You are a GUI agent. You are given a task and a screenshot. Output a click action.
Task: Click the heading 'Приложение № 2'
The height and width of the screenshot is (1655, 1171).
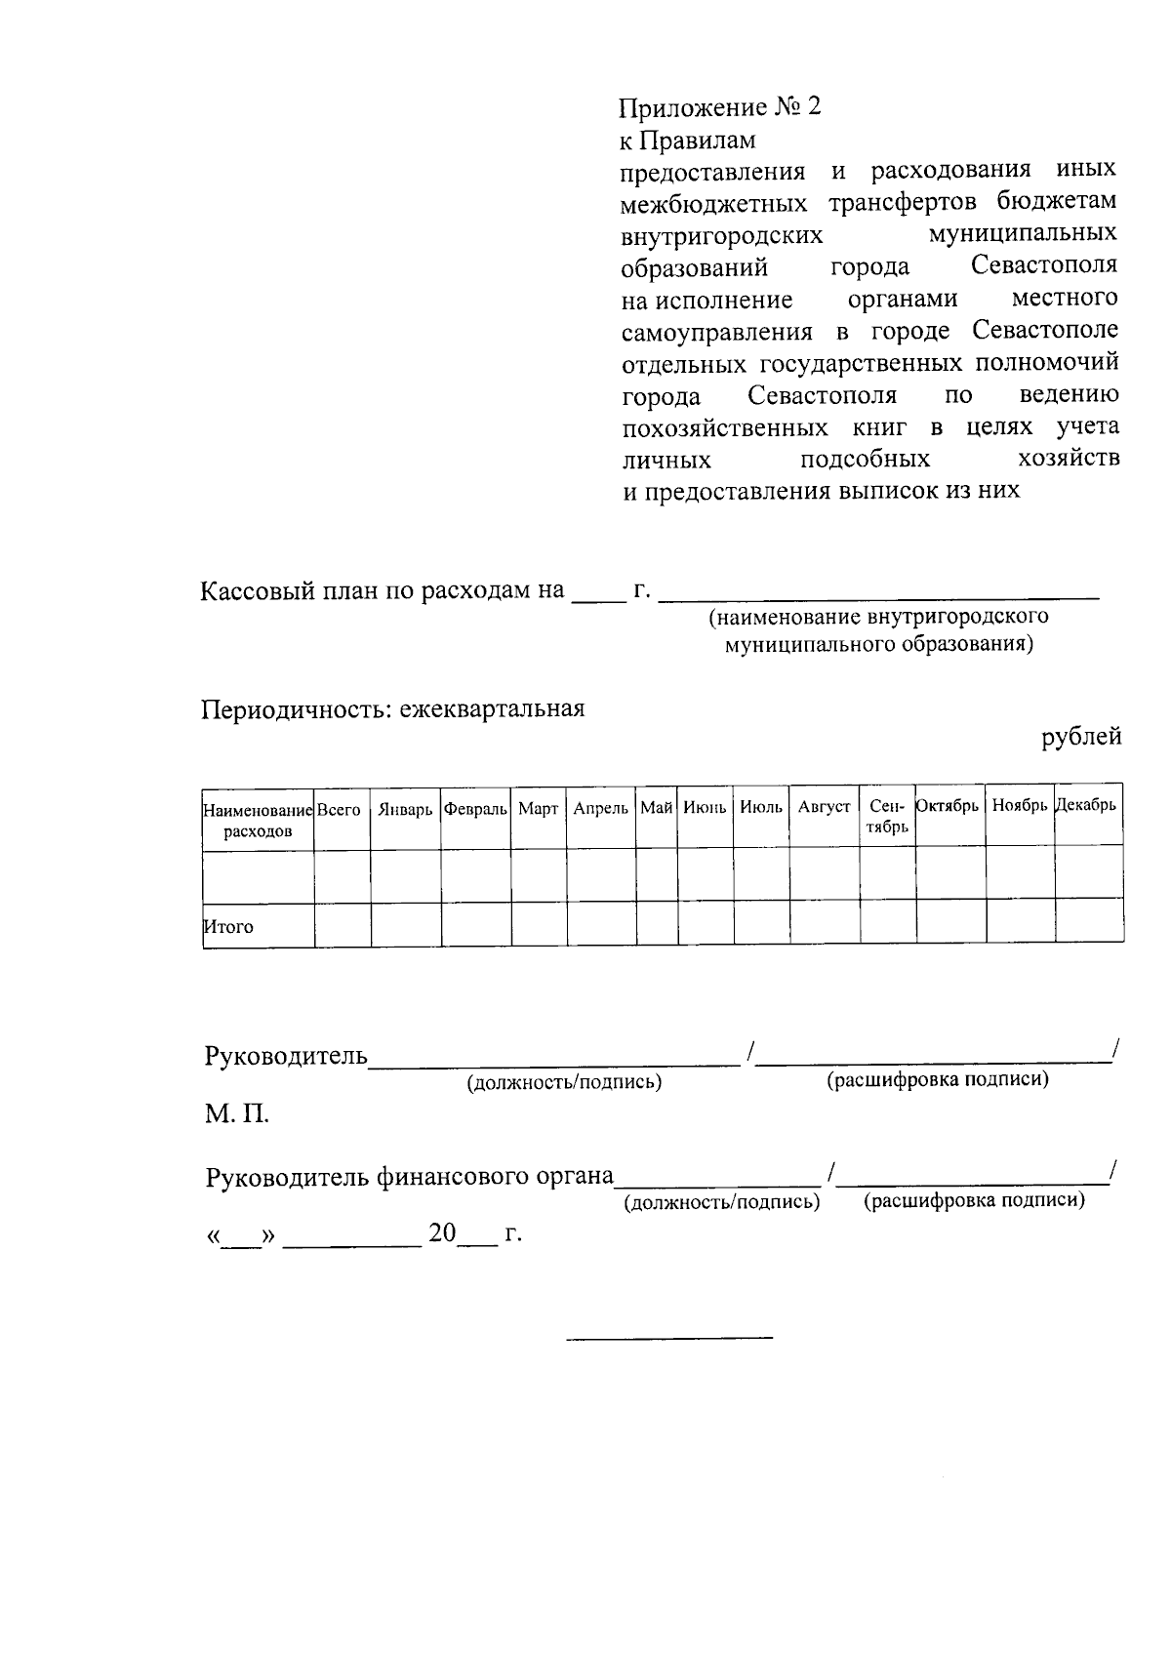[720, 106]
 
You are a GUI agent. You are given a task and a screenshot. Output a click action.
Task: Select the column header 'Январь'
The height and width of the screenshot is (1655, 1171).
[405, 809]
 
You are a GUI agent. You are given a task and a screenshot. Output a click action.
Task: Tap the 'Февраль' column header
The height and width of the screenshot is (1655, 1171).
[475, 809]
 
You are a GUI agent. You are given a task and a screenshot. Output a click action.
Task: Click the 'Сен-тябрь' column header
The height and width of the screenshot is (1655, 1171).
[887, 816]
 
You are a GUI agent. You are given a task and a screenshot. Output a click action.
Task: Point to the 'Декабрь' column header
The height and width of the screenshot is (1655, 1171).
[1087, 806]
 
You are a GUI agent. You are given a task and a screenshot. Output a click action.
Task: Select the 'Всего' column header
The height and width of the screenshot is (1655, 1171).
[340, 809]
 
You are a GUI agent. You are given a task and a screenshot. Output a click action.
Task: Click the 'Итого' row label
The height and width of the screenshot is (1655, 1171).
[228, 927]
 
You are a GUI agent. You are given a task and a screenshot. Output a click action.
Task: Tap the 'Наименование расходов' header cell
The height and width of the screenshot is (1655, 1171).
[258, 820]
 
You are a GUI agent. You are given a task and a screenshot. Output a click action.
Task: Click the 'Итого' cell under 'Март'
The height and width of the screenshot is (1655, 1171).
[539, 924]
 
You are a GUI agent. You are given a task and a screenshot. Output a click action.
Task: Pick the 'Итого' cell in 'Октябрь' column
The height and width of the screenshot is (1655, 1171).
[950, 922]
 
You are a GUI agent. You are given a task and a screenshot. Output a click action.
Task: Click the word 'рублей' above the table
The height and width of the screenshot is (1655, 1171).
[1081, 738]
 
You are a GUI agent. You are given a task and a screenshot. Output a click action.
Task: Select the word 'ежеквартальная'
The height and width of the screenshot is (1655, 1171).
[491, 708]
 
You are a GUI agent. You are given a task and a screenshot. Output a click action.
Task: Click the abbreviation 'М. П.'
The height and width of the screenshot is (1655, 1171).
[236, 1114]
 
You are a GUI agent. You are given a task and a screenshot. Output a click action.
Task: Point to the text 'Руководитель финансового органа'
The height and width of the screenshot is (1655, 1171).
[409, 1177]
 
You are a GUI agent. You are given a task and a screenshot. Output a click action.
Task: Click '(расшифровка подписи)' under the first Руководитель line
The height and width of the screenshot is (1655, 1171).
[937, 1079]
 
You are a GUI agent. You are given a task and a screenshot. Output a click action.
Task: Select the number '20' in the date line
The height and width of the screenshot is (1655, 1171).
[442, 1234]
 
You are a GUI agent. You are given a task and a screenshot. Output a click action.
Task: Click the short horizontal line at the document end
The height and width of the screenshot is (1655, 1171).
[669, 1336]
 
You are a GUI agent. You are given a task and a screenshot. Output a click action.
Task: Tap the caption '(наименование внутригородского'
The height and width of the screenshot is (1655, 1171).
[878, 617]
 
